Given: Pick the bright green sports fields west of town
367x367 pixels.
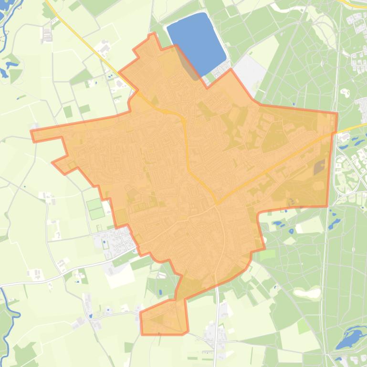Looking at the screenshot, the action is [95, 208].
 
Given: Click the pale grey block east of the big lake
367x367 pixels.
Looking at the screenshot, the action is [249, 74].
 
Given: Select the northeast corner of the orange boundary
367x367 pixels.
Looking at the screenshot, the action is [337, 113].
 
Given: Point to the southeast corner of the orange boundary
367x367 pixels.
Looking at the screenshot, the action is [327, 206].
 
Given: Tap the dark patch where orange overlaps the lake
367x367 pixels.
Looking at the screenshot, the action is [189, 64].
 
